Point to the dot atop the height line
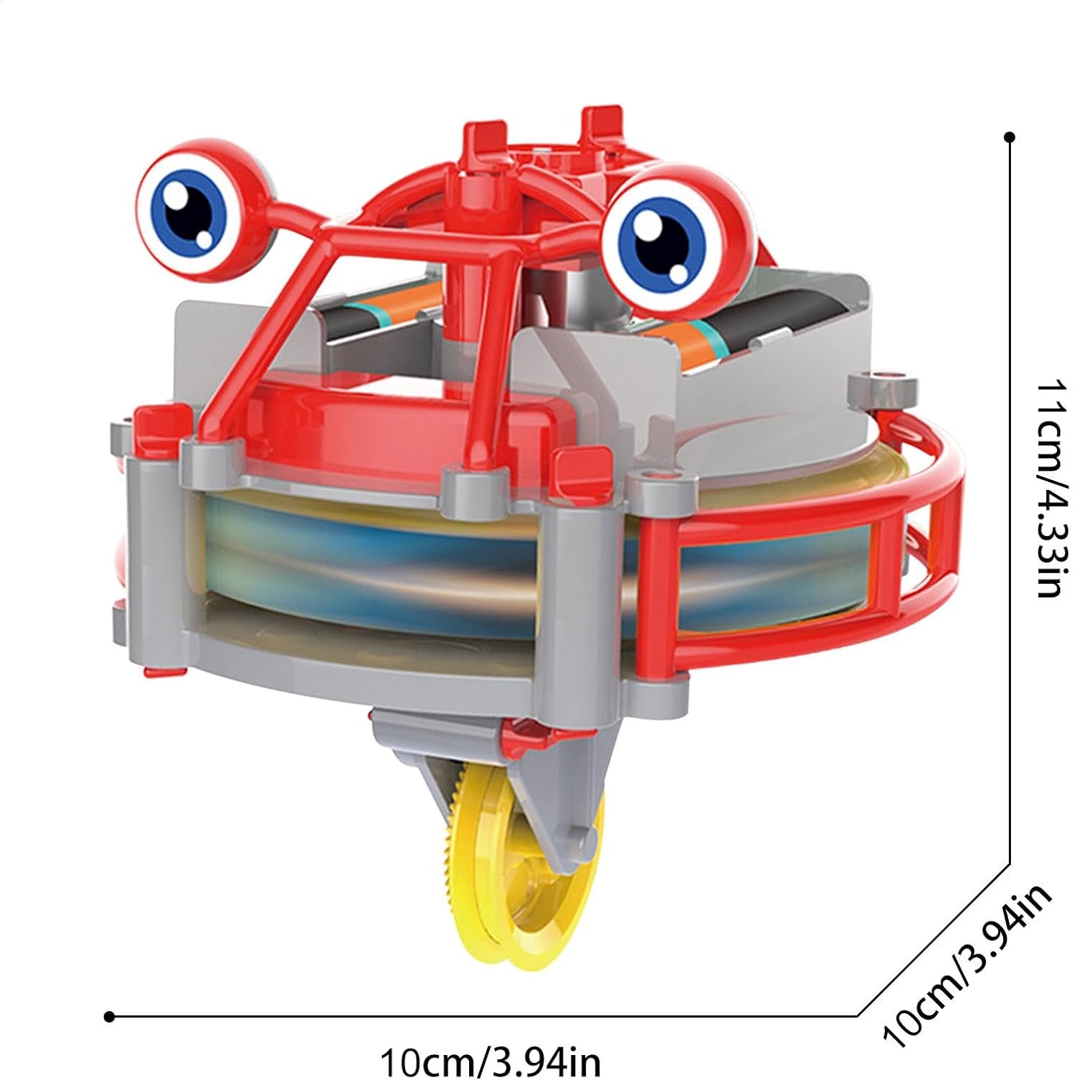(x=1010, y=137)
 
